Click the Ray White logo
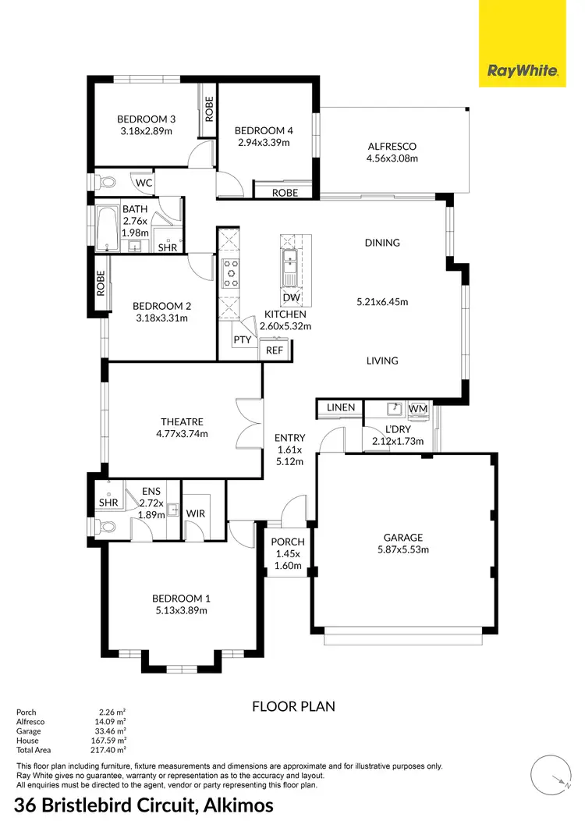coord(523,71)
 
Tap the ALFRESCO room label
coord(392,146)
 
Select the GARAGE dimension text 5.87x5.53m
coord(402,549)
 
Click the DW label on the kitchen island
coord(291,298)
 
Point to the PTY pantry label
coord(242,341)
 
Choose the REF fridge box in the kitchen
coord(275,351)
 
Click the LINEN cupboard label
coord(341,407)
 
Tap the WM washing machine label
coord(417,408)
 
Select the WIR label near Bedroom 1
coord(195,513)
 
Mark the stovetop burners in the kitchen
coord(231,272)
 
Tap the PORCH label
coord(287,542)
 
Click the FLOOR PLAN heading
coord(293,706)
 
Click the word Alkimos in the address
coord(233,805)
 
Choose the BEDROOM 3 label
coord(146,119)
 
